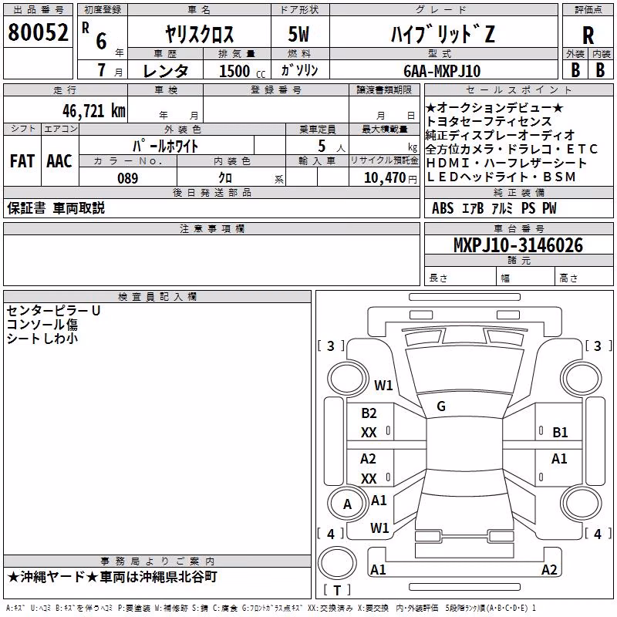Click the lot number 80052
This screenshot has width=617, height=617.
[38, 32]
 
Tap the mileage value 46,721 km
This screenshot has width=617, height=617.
[93, 111]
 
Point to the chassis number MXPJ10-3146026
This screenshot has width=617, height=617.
[518, 245]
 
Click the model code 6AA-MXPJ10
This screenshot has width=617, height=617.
[442, 71]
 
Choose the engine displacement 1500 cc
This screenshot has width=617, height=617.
[241, 71]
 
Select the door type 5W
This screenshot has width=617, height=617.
[298, 34]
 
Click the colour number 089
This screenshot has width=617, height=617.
[127, 178]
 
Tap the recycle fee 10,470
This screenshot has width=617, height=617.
[384, 178]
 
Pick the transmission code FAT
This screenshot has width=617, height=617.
[22, 161]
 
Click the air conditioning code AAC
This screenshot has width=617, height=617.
[59, 161]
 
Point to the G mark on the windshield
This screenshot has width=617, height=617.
[441, 406]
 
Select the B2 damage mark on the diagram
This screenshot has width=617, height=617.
[369, 413]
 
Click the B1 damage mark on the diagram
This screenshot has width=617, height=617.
[560, 433]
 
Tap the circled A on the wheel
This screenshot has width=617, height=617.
[347, 504]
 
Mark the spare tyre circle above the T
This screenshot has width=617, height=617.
[337, 563]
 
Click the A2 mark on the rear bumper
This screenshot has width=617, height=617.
[549, 569]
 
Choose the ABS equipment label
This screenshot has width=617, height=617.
[442, 208]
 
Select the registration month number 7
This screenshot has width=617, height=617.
[102, 70]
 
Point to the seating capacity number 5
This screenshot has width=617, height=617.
[322, 146]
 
